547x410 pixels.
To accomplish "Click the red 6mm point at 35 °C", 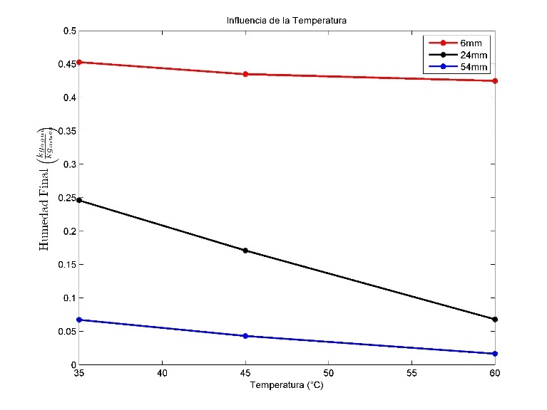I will point(79,63).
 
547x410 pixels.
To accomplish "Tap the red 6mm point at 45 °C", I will point(245,74).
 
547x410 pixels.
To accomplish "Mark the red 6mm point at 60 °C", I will point(495,81).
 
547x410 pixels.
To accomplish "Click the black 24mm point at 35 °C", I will point(79,201).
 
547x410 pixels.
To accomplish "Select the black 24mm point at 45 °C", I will point(245,251).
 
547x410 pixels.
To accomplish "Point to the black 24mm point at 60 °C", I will point(495,320).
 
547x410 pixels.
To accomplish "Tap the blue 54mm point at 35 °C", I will point(79,320).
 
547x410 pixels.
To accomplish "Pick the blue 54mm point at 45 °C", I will point(245,336).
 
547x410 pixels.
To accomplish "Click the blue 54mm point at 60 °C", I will point(495,354).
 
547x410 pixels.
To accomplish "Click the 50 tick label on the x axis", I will point(329,372).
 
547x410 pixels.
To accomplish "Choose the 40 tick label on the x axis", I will point(163,372).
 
